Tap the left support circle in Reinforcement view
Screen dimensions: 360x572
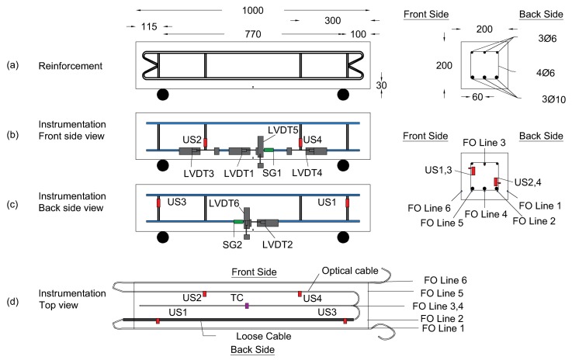[x=162, y=95]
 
